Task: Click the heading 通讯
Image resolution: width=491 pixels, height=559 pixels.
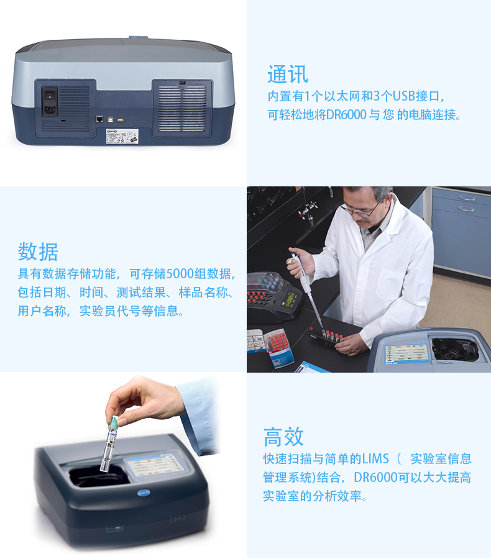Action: pyautogui.click(x=288, y=74)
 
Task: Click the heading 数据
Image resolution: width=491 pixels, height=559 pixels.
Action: pyautogui.click(x=38, y=252)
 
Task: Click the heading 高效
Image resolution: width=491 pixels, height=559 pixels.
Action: pyautogui.click(x=283, y=437)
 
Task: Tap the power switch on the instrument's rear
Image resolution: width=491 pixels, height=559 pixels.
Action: pyautogui.click(x=50, y=95)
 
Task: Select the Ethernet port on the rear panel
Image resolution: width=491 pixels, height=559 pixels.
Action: pyautogui.click(x=99, y=119)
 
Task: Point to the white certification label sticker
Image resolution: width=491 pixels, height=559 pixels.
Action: pyautogui.click(x=122, y=136)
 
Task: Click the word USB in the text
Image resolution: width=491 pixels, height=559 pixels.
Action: pyautogui.click(x=403, y=96)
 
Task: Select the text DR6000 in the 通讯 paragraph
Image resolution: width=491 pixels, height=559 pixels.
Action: pyautogui.click(x=346, y=115)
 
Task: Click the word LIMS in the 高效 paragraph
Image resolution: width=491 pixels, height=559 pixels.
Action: pyautogui.click(x=375, y=459)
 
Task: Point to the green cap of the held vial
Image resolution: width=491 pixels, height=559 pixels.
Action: pyautogui.click(x=114, y=423)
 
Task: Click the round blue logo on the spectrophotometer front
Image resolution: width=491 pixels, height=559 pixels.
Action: pyautogui.click(x=144, y=493)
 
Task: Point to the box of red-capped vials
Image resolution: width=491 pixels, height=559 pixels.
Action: pyautogui.click(x=280, y=347)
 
